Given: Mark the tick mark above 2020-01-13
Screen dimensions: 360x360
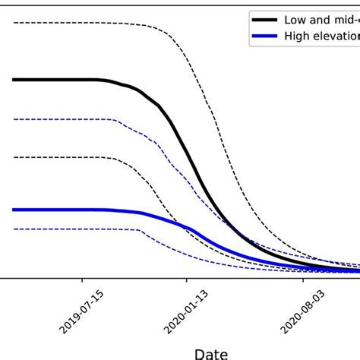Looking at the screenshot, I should pos(187,281).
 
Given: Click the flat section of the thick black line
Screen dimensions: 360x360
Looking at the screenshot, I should pos(53,79).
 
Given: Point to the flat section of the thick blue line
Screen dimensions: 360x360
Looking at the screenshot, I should pos(53,210).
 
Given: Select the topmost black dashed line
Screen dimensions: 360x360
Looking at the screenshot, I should pos(76,23).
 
